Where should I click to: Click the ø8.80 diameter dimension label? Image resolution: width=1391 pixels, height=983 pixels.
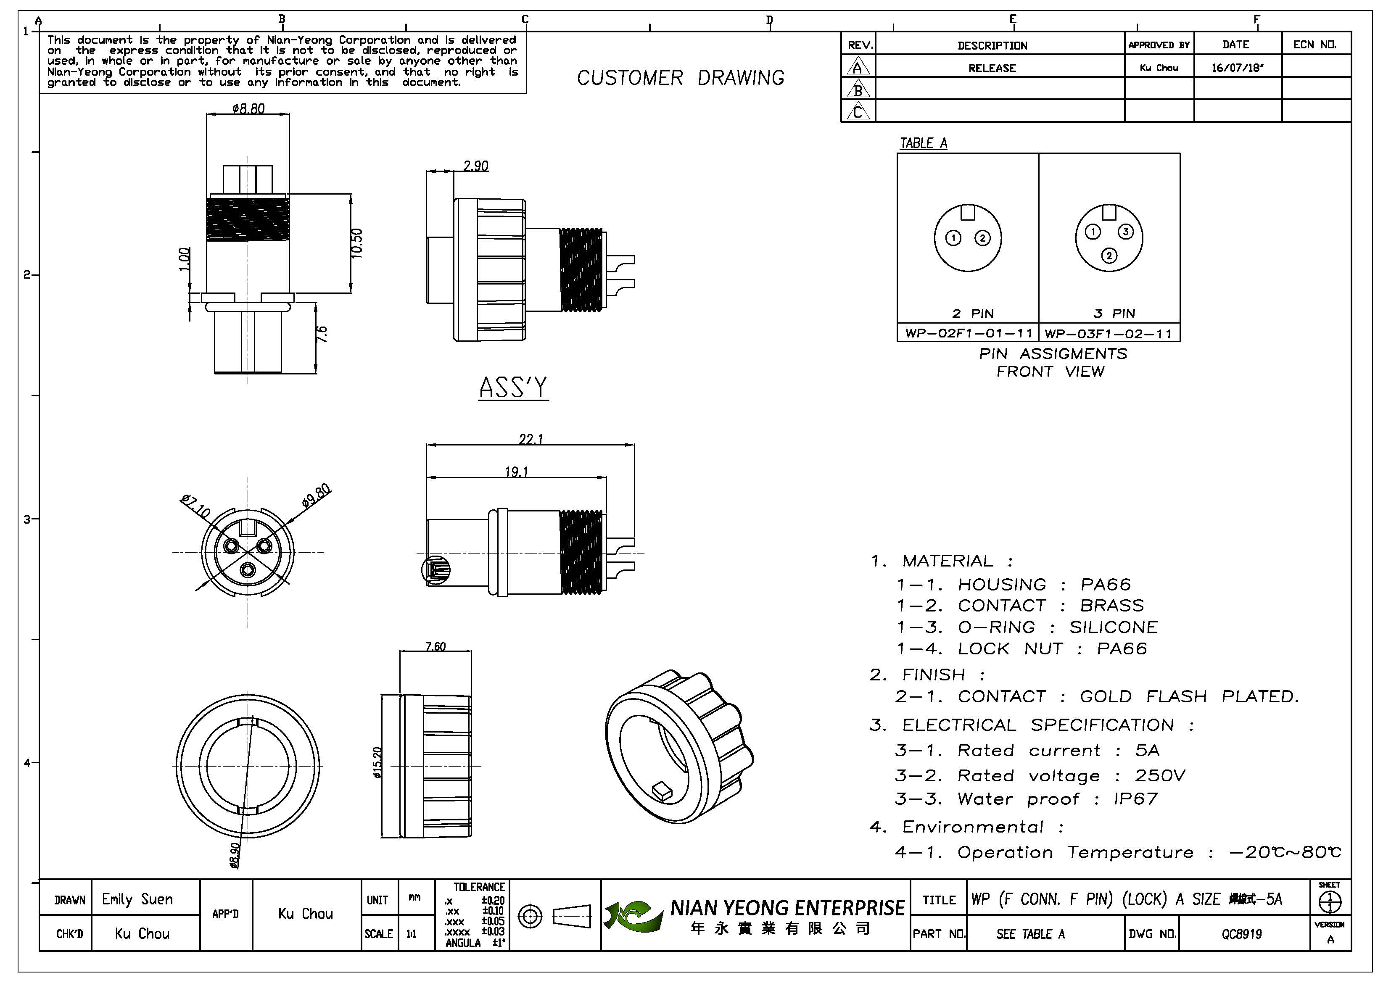click(x=248, y=108)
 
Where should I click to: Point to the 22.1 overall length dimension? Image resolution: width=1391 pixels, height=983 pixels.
click(x=531, y=439)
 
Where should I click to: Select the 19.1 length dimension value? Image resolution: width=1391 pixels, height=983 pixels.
click(x=517, y=471)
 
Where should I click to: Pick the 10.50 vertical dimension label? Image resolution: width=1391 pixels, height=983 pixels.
click(x=357, y=243)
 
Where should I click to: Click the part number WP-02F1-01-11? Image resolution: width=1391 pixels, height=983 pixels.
click(x=969, y=333)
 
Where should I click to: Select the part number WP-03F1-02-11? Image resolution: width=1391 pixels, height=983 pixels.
click(x=1109, y=334)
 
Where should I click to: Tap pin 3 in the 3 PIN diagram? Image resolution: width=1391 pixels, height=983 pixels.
click(x=1126, y=232)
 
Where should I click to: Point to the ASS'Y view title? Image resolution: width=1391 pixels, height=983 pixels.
click(x=513, y=387)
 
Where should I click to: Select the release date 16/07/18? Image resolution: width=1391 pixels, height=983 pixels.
click(x=1237, y=67)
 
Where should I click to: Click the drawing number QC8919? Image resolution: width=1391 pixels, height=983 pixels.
click(x=1242, y=934)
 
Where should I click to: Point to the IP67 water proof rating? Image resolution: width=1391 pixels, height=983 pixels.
click(x=1136, y=799)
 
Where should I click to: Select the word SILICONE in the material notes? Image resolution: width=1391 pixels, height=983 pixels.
click(x=1114, y=627)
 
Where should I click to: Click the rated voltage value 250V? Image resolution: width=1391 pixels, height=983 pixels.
click(x=1160, y=776)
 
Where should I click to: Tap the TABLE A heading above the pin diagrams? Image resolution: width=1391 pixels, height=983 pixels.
click(x=923, y=143)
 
